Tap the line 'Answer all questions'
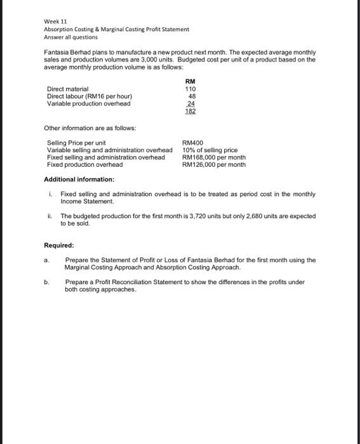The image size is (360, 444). pos(70,37)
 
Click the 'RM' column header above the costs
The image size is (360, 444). pos(190,81)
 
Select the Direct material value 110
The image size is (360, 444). pos(190,89)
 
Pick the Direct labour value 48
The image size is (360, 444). pos(191,96)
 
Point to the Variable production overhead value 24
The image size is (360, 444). pos(191,103)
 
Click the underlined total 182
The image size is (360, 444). pos(190,111)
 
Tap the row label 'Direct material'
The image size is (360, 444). pos(68,89)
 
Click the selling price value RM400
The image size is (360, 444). pos(192,143)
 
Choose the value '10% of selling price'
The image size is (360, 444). pos(210,150)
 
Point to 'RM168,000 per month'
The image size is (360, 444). pos(214,157)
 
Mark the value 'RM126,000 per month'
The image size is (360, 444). pos(214,164)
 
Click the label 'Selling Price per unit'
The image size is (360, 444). pos(76,143)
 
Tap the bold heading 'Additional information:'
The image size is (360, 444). pos(79,180)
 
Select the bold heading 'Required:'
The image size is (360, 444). pos(59,245)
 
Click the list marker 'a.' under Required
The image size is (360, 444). pos(46,260)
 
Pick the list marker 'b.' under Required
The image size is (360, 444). pos(46,282)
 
